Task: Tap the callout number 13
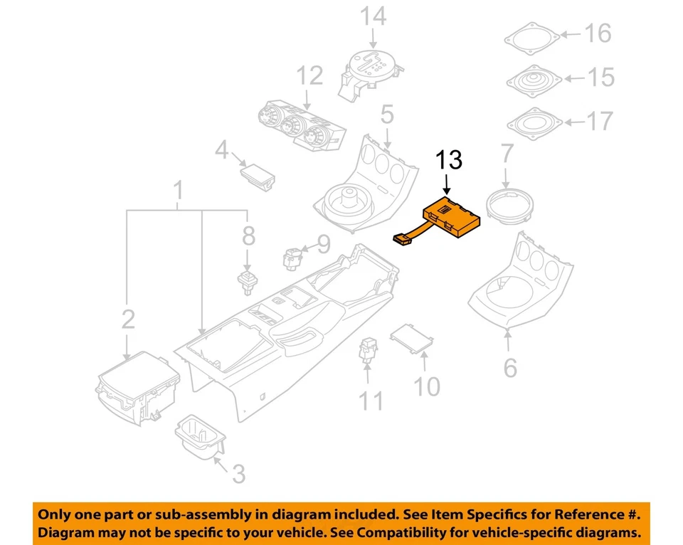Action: pyautogui.click(x=449, y=161)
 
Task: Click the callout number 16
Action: pyautogui.click(x=598, y=33)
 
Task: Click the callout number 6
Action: pyautogui.click(x=509, y=369)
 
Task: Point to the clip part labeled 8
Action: pyautogui.click(x=247, y=281)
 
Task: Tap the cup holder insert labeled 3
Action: pyautogui.click(x=200, y=435)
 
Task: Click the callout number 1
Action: pyautogui.click(x=179, y=191)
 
